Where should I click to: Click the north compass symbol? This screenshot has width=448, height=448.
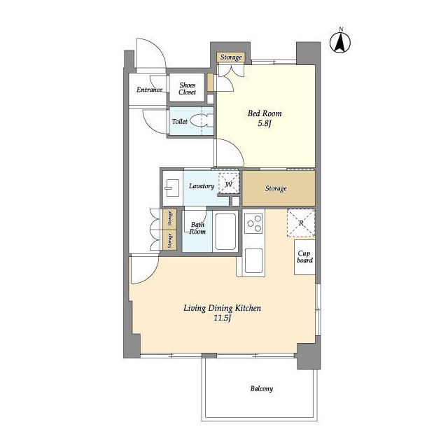[340, 43]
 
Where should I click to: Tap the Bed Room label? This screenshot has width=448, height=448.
[265, 113]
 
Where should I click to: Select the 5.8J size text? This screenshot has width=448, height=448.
[265, 124]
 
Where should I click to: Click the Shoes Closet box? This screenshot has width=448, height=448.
[187, 87]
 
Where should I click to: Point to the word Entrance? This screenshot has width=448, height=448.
[149, 90]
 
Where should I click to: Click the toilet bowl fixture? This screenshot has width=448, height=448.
[202, 120]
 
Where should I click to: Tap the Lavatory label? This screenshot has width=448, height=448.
[202, 186]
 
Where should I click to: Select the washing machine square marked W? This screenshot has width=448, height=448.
[229, 183]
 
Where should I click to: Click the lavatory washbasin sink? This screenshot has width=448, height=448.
[172, 188]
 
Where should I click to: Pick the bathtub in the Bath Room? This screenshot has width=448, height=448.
[225, 232]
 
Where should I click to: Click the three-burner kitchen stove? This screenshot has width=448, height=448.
[253, 224]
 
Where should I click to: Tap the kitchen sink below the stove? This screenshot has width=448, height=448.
[253, 260]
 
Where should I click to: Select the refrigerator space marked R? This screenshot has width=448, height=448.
[301, 223]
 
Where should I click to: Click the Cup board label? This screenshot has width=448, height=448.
[304, 257]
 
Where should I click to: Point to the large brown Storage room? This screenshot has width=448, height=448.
[279, 188]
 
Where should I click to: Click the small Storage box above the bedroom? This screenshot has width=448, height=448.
[231, 57]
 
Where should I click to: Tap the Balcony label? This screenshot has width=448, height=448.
[261, 388]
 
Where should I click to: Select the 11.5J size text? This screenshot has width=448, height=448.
[223, 318]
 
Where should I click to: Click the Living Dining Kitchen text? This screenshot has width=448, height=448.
[222, 308]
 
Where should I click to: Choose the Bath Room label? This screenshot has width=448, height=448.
[197, 228]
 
